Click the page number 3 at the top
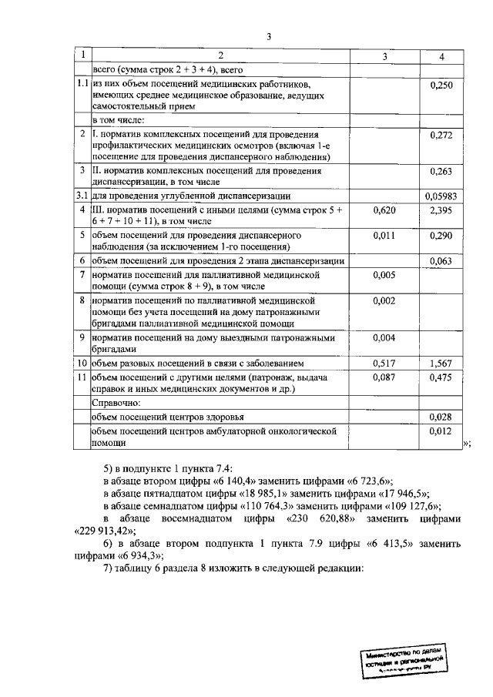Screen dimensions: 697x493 [269, 36]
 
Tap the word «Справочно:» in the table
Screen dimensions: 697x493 [116, 403]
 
